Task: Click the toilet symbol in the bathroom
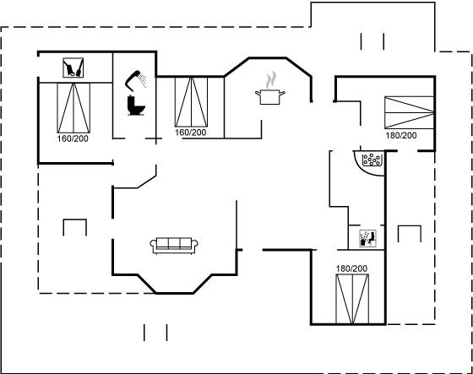tap(136, 105)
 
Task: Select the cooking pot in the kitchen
tap(270, 97)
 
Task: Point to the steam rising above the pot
tap(271, 80)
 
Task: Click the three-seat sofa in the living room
tap(174, 245)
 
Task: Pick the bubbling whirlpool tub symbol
tap(372, 160)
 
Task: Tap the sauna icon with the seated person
tap(367, 238)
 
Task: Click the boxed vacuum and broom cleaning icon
tap(73, 68)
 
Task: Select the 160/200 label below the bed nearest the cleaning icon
tap(73, 138)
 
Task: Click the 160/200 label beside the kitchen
tap(191, 133)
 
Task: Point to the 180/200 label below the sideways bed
tap(401, 135)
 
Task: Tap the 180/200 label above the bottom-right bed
tap(351, 268)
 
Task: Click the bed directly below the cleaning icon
tap(73, 108)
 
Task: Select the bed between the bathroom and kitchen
tap(191, 102)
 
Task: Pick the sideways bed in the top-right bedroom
tap(410, 112)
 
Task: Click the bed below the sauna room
tap(352, 299)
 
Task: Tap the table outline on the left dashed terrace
tap(75, 220)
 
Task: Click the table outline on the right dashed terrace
tap(410, 226)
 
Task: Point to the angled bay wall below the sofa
tap(175, 293)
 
